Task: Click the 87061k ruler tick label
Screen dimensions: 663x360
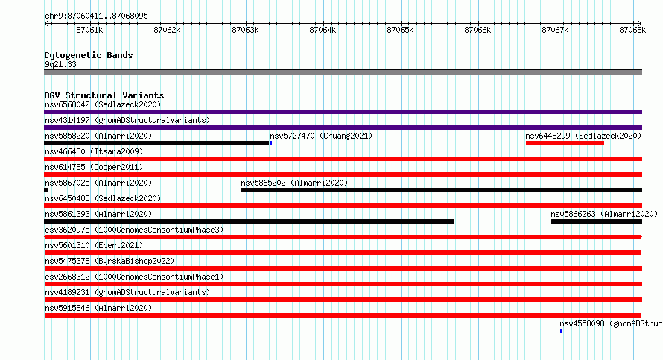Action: [89, 30]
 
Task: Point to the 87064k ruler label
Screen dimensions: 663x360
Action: [323, 30]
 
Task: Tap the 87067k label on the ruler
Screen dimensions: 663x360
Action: [555, 30]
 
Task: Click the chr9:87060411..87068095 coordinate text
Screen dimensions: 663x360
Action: [96, 16]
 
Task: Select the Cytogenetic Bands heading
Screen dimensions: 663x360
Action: [89, 55]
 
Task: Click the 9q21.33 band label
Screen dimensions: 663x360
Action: [60, 64]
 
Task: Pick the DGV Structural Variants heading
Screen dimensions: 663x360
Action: [104, 95]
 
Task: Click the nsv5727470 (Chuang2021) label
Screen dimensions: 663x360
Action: [321, 136]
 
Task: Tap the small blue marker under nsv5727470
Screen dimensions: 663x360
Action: [271, 143]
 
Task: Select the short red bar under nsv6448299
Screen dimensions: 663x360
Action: [565, 143]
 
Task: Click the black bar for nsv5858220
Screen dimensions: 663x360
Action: [156, 143]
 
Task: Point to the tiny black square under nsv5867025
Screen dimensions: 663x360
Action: [46, 190]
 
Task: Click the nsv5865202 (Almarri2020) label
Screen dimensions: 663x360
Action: [294, 183]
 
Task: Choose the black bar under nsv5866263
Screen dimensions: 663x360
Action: [597, 221]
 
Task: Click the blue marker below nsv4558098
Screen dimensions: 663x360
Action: [561, 331]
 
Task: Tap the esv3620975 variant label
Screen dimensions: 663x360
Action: [67, 230]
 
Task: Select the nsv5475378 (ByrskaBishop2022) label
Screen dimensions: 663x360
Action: [110, 261]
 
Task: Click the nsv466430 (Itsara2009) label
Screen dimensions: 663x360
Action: [94, 151]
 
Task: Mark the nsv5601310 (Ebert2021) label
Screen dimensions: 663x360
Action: [94, 245]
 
